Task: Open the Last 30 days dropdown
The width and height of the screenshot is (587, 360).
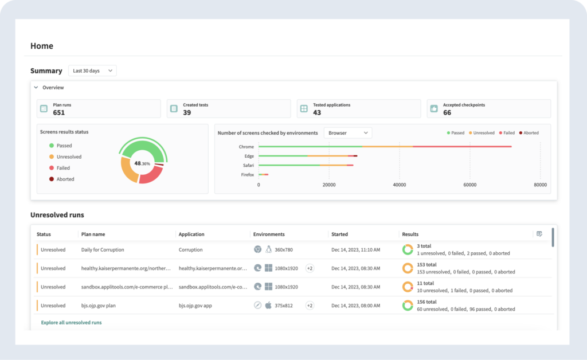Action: pyautogui.click(x=92, y=71)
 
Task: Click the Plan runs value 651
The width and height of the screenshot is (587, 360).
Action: pyautogui.click(x=59, y=112)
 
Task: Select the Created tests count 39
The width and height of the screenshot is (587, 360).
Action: pyautogui.click(x=187, y=112)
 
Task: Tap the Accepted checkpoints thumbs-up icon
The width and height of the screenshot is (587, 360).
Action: pyautogui.click(x=434, y=108)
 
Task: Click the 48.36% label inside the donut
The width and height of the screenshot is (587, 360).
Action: pyautogui.click(x=142, y=163)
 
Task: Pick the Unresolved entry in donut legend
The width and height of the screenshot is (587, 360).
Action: pyautogui.click(x=69, y=156)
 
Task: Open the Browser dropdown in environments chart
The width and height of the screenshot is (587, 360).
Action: pyautogui.click(x=348, y=133)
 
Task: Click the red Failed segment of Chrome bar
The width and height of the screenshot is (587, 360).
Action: pyautogui.click(x=461, y=147)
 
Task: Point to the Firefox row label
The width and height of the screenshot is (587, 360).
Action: pyautogui.click(x=247, y=174)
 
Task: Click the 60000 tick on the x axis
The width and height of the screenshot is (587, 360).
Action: pyautogui.click(x=469, y=185)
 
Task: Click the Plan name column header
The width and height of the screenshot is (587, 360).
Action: pyautogui.click(x=93, y=234)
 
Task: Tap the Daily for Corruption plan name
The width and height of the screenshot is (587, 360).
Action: pyautogui.click(x=103, y=249)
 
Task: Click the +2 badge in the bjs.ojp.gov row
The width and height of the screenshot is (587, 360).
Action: pyautogui.click(x=310, y=306)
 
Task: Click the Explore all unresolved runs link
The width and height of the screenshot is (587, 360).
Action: pyautogui.click(x=71, y=323)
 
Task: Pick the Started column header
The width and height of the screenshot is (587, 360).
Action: pyautogui.click(x=339, y=234)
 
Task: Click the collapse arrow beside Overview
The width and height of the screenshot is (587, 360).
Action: pyautogui.click(x=36, y=88)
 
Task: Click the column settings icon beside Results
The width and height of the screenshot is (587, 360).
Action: pyautogui.click(x=539, y=234)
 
